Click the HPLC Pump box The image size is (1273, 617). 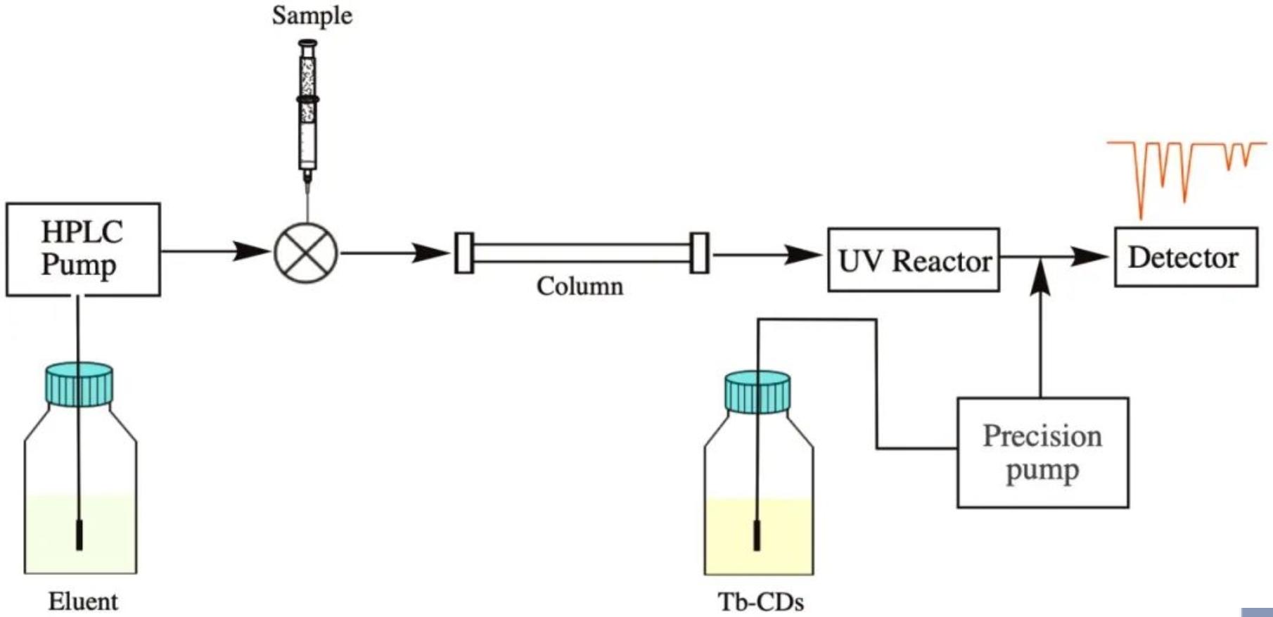(x=83, y=249)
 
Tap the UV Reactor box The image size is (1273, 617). (x=913, y=260)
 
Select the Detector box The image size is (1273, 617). (x=1186, y=257)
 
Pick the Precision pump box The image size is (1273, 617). (x=1042, y=452)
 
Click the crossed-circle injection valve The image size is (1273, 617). (x=306, y=253)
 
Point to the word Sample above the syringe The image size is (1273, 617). (x=312, y=15)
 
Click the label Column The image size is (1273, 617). (x=580, y=286)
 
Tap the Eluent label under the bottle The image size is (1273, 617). (x=83, y=602)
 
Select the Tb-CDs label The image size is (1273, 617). (x=760, y=602)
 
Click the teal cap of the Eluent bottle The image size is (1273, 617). (x=79, y=384)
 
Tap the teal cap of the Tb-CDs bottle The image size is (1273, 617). (x=757, y=392)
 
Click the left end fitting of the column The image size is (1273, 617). (x=464, y=253)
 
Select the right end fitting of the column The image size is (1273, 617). (x=699, y=253)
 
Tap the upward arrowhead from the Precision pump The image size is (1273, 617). (x=1040, y=276)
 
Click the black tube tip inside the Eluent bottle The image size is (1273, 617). (x=79, y=535)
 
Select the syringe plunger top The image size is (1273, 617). (x=307, y=44)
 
